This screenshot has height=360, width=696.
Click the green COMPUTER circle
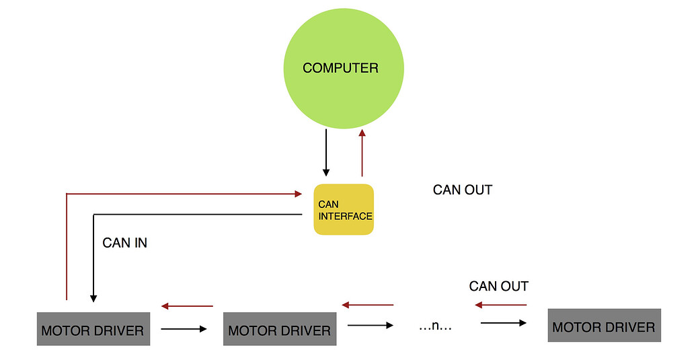340,67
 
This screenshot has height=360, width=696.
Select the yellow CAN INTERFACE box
344,209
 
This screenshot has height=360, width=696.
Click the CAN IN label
124,243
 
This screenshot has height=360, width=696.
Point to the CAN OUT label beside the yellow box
463,190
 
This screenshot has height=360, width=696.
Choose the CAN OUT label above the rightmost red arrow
499,286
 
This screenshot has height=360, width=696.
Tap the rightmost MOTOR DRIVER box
604,326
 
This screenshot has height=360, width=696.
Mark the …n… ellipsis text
434,327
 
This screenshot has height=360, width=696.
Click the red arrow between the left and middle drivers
188,306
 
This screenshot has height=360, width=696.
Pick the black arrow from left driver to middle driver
184,329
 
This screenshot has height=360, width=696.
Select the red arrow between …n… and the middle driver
367,305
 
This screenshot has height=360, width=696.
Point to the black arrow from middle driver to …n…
370,325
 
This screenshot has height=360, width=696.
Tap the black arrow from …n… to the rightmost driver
503,323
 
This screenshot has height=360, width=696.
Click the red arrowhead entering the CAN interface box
299,194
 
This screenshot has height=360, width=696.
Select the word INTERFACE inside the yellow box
345,216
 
